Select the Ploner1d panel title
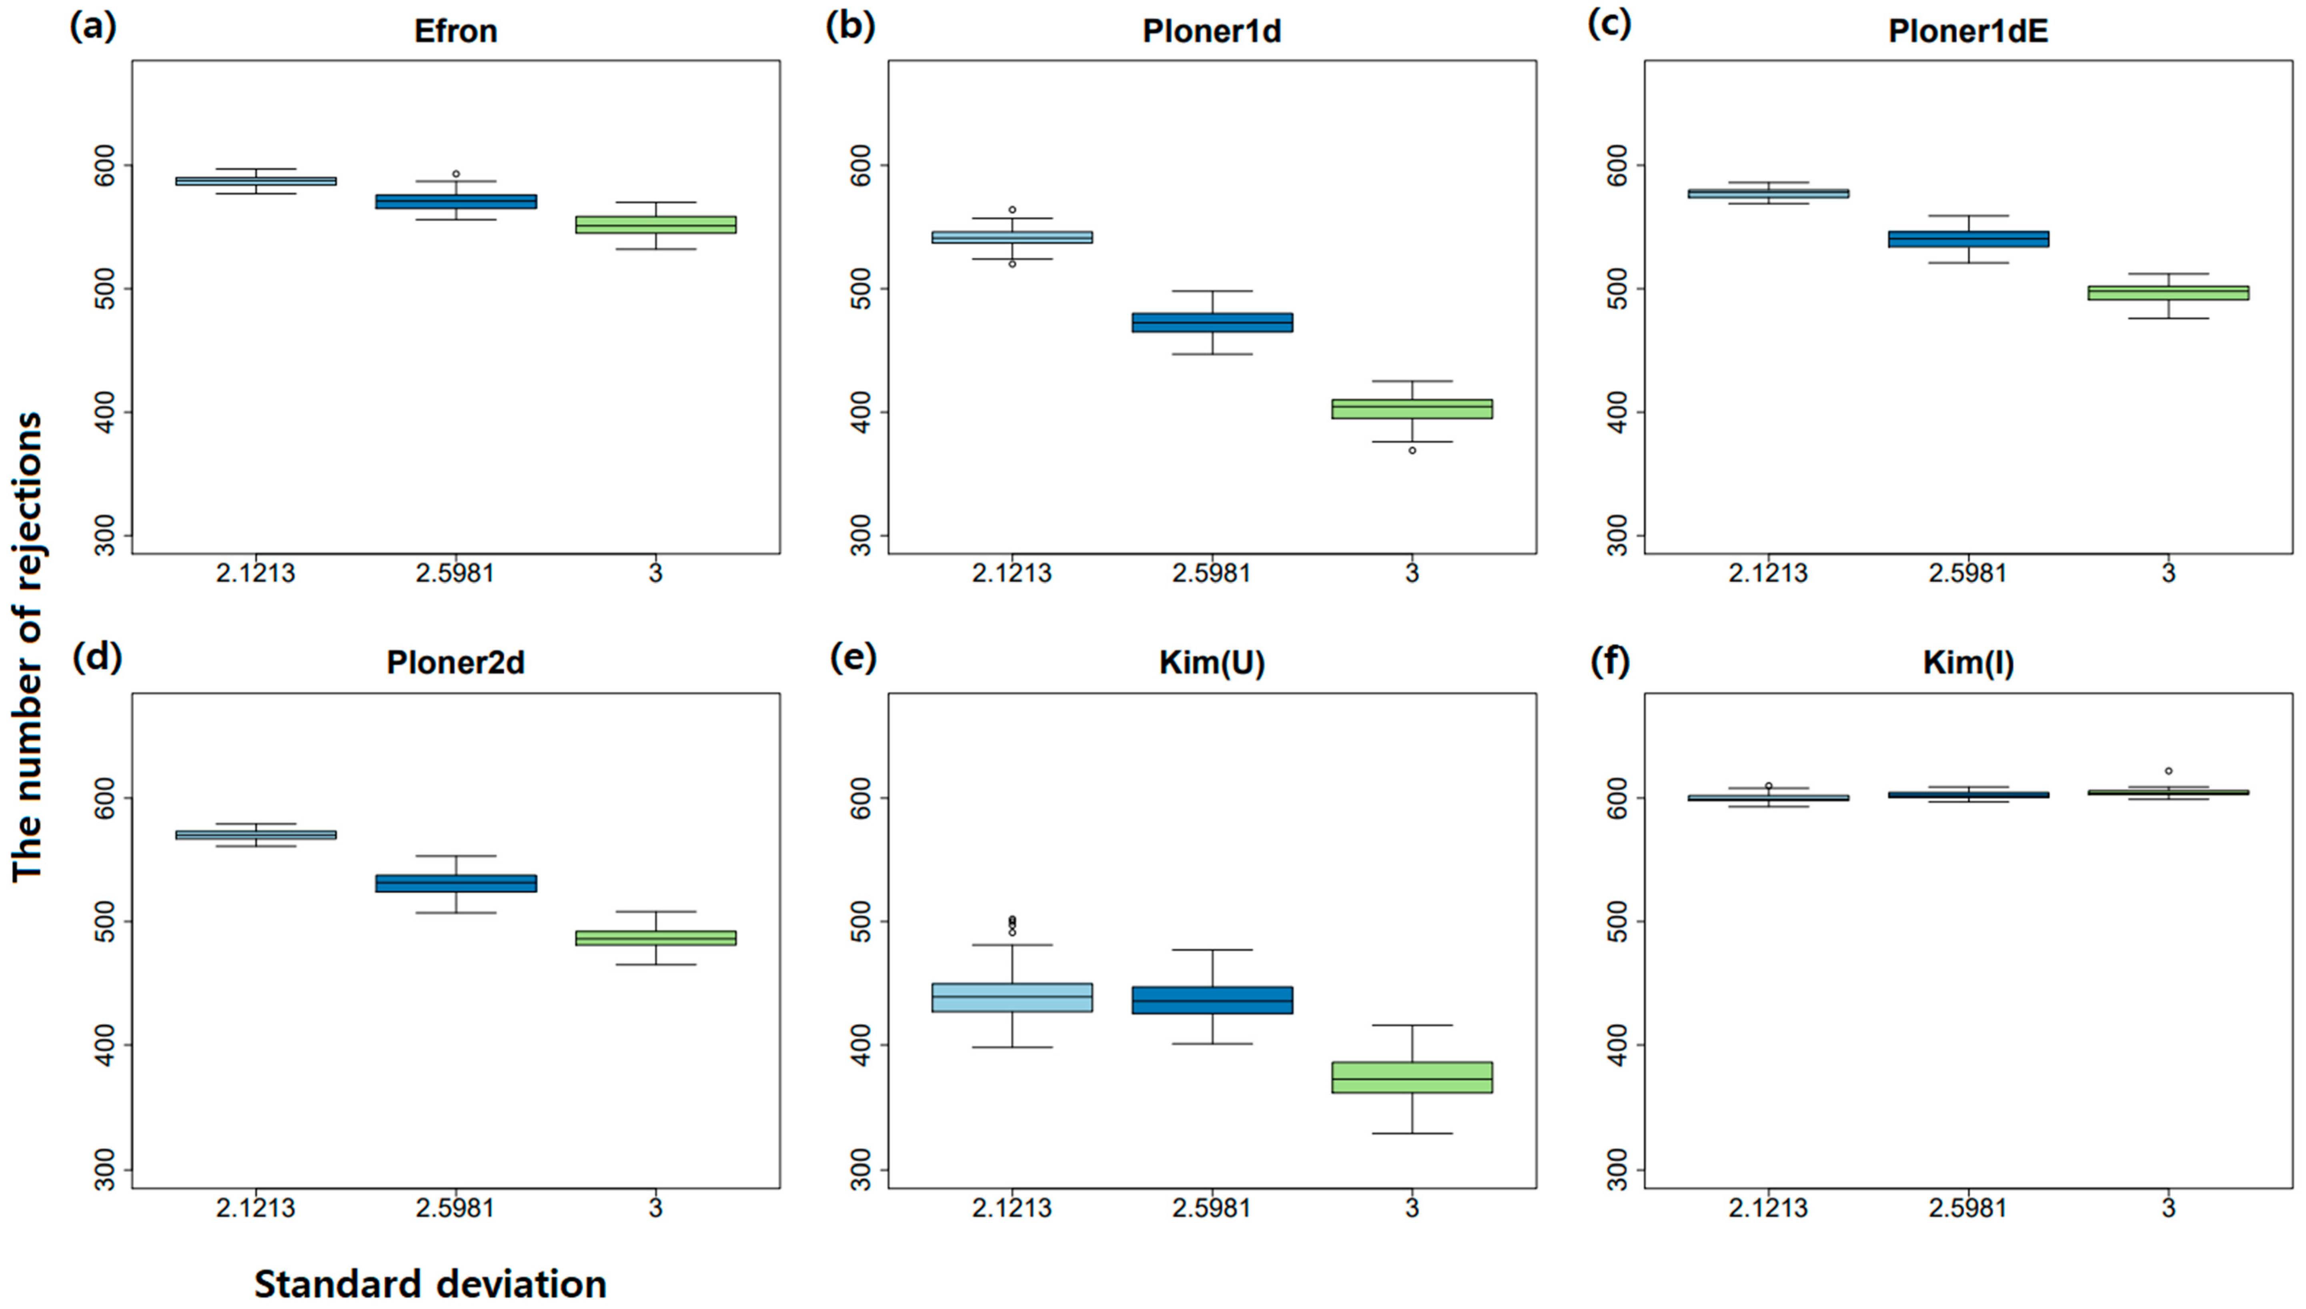(1211, 32)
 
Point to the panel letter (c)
(1609, 25)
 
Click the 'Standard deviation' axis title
(430, 1283)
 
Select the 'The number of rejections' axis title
(27, 647)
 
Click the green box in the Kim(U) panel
(1412, 1077)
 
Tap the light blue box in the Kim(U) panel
(1012, 997)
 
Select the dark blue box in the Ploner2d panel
(456, 883)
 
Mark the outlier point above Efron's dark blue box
(456, 174)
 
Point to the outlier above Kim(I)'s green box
(2168, 770)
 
